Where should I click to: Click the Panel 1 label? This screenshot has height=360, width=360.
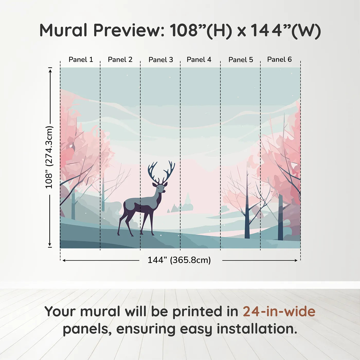81,60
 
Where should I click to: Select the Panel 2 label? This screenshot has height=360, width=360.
120,60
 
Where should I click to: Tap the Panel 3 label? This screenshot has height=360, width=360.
161,60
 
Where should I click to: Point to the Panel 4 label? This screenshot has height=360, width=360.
199,60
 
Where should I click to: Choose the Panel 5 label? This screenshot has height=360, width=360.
241,60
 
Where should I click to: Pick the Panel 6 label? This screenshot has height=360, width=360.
280,59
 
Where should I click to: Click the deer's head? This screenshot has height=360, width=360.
160,188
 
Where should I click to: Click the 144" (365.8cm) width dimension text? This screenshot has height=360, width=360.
179,260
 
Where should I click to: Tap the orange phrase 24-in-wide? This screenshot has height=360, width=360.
279,312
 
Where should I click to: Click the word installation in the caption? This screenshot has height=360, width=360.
257,329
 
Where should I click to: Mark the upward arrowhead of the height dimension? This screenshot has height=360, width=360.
50,70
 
